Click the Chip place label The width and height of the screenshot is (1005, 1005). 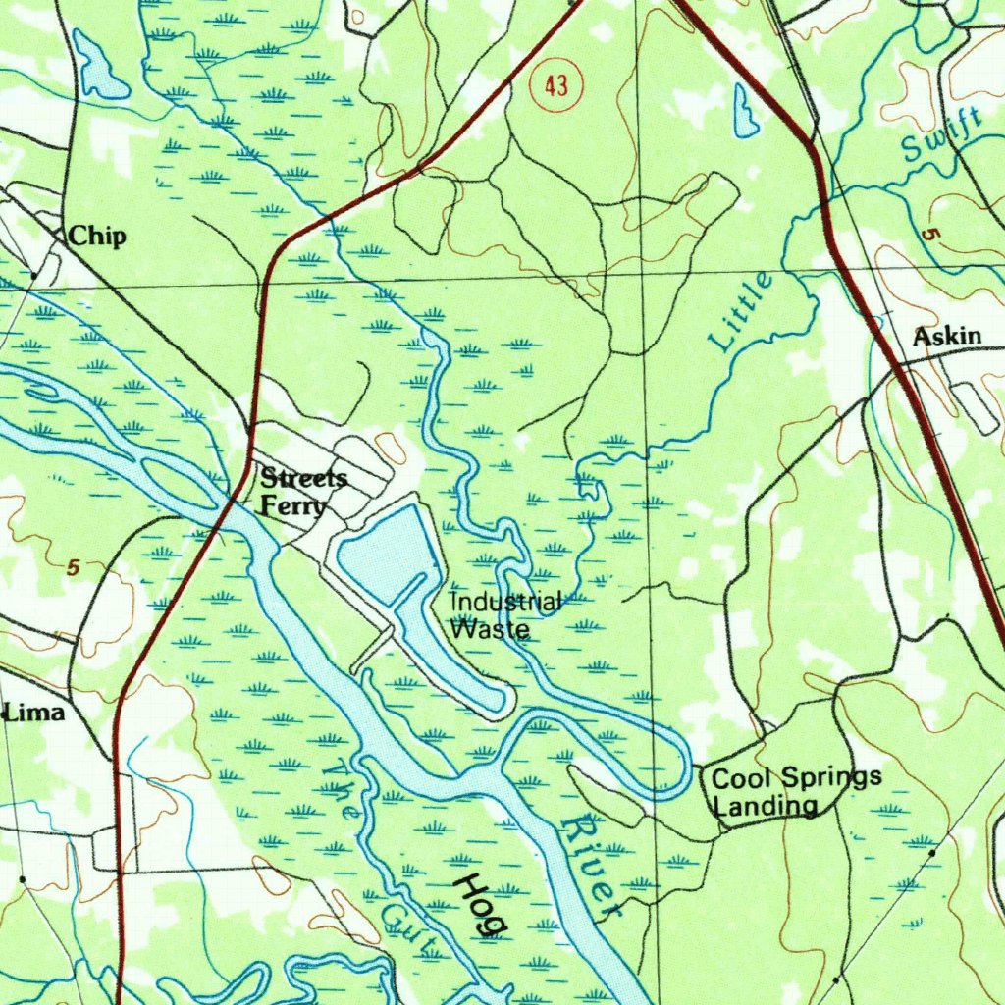[x=97, y=237]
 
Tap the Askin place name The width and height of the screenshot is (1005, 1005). [x=946, y=338]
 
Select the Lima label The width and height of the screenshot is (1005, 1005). [x=34, y=714]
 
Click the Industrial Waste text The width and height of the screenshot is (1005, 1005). [x=504, y=615]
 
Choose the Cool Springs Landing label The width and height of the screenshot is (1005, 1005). [x=795, y=792]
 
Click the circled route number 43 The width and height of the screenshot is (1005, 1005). [x=555, y=87]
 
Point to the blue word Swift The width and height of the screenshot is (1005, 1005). [x=940, y=136]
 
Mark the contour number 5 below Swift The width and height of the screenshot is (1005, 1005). [x=927, y=235]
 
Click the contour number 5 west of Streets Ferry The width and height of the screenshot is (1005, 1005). [x=73, y=567]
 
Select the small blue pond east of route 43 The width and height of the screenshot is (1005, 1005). [x=746, y=110]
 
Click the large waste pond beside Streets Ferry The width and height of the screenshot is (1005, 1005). [x=388, y=555]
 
